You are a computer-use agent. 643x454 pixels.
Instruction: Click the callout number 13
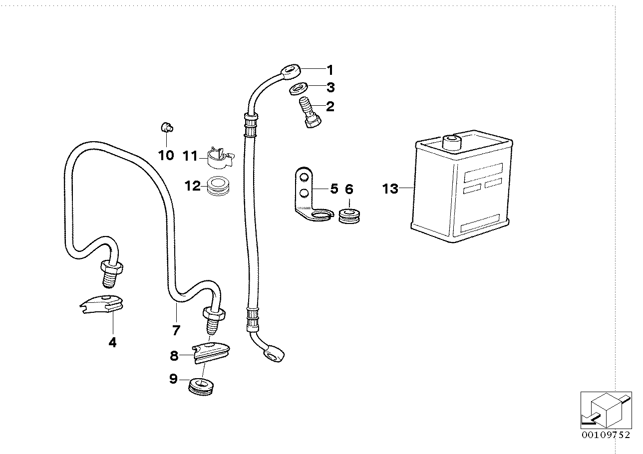coord(390,189)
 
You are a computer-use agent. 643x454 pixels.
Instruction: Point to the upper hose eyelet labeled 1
coord(290,70)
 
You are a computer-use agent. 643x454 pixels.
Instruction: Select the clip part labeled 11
coord(218,157)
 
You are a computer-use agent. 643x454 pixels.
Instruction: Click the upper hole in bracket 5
coord(303,176)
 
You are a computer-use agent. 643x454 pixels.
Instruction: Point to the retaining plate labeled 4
coord(103,304)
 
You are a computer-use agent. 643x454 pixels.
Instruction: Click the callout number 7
coord(176,330)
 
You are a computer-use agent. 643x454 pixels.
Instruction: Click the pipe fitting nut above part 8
coord(214,314)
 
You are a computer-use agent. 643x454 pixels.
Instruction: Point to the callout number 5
coord(333,189)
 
